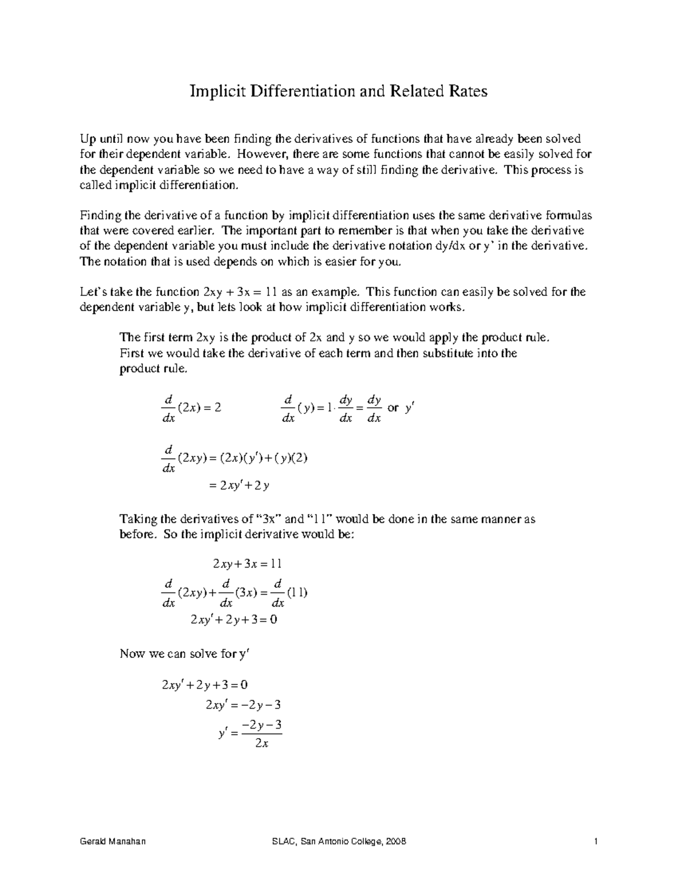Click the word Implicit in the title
point(214,91)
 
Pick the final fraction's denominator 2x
point(261,744)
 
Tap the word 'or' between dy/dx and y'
point(393,408)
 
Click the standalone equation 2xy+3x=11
point(247,564)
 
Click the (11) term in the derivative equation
point(297,593)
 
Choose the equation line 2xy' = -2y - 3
point(244,705)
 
